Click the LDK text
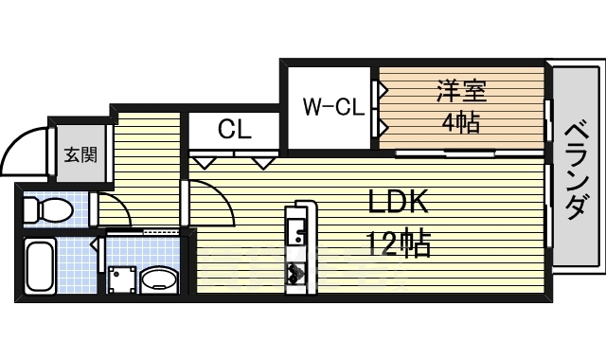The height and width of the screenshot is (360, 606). point(399,203)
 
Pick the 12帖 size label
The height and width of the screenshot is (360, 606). point(398,244)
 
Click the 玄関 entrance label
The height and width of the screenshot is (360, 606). point(79,153)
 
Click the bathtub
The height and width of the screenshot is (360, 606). point(41,265)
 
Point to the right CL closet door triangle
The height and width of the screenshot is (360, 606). point(263,162)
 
